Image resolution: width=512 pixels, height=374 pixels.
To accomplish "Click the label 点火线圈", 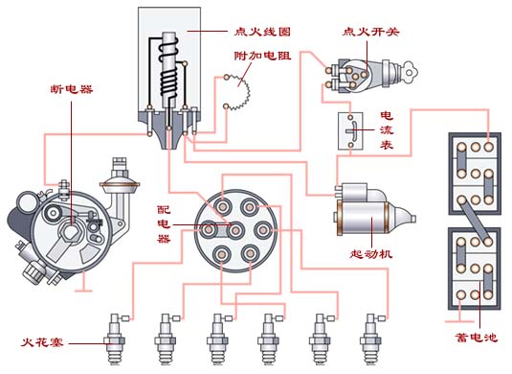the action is [262, 32].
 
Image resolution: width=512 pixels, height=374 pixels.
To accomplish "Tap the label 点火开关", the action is [370, 32].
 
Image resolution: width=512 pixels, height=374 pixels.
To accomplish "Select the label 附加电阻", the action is [262, 56].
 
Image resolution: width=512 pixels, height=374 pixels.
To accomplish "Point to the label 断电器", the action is [72, 89].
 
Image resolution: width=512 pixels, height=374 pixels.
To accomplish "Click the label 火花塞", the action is [42, 342].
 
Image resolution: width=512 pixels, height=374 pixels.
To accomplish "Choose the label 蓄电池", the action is [476, 338].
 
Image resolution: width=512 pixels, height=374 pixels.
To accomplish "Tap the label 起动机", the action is [371, 253].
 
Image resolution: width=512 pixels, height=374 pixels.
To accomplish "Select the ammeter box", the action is [350, 131].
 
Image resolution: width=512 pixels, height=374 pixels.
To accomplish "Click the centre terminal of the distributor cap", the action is [235, 230].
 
